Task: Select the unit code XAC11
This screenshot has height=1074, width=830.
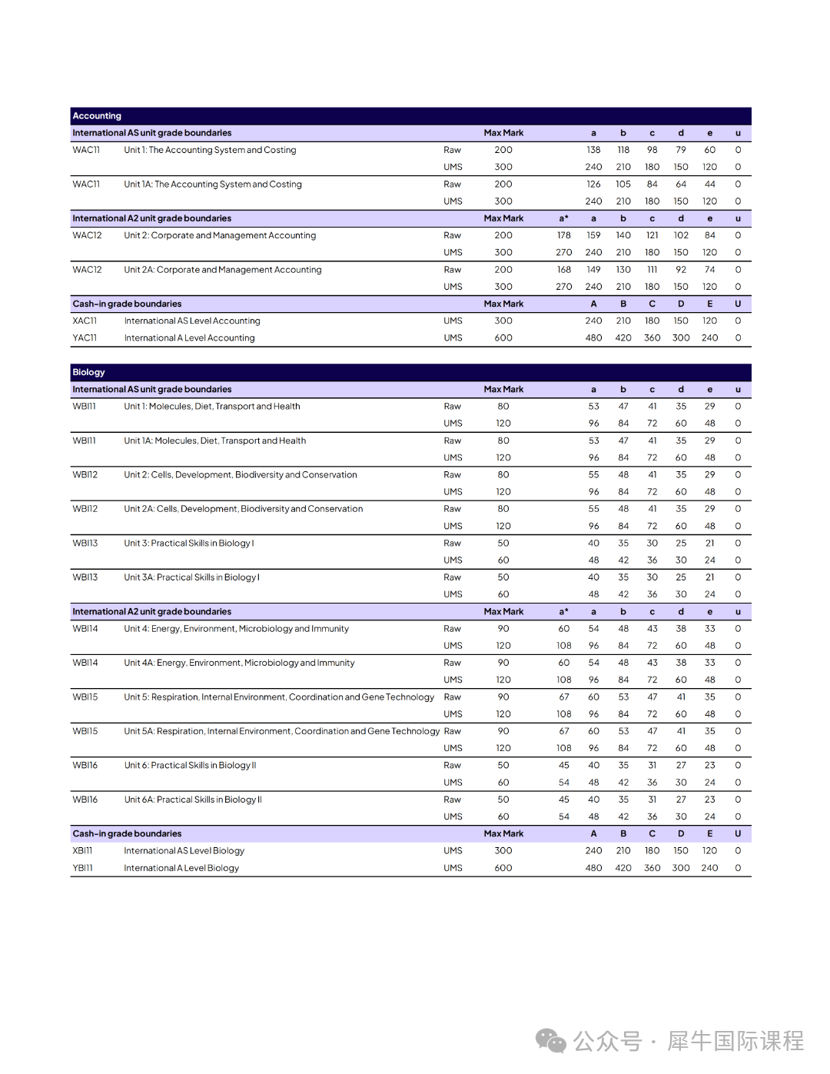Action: point(85,321)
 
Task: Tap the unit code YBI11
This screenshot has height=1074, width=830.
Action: point(82,868)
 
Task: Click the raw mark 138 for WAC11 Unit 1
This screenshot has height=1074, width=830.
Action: point(593,151)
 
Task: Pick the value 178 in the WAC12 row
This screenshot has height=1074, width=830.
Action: point(564,236)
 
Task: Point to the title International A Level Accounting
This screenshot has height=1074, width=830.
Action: point(189,338)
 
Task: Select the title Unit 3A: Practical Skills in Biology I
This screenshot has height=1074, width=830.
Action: point(191,577)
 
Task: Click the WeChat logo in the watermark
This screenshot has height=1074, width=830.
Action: point(551,1041)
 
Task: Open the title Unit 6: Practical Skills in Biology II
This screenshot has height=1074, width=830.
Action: point(190,766)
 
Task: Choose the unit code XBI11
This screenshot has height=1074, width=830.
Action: point(82,851)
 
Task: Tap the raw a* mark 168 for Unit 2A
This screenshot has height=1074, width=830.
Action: point(564,270)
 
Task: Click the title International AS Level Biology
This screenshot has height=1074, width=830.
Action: point(184,851)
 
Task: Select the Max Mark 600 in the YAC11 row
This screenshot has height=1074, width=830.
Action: point(503,338)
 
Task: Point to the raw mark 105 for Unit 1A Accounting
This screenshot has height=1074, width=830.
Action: point(623,185)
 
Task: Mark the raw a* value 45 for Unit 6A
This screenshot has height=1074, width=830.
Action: point(564,800)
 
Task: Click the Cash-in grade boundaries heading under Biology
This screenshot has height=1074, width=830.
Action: point(127,834)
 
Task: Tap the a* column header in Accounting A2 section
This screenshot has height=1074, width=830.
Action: point(564,218)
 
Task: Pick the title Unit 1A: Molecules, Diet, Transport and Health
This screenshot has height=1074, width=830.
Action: point(214,441)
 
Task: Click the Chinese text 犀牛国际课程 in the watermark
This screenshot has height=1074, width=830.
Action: point(735,1041)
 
